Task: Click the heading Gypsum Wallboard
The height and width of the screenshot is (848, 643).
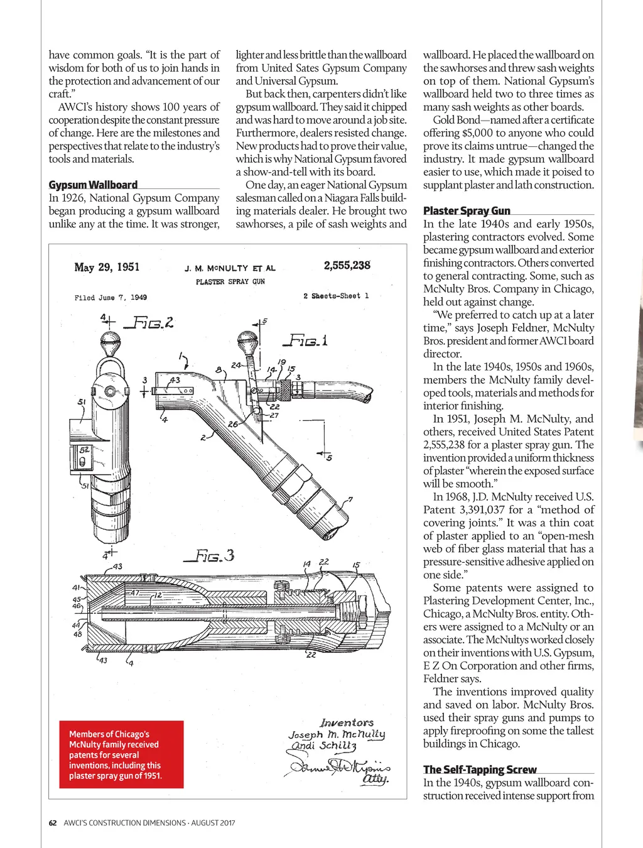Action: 93,185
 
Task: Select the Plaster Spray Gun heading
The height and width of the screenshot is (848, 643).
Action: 467,211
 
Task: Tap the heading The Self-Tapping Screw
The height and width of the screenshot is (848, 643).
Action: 480,769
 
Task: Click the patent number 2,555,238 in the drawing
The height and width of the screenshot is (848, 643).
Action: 347,266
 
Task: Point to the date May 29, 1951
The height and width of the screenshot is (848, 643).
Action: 107,268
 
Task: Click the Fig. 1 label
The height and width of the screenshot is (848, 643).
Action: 306,341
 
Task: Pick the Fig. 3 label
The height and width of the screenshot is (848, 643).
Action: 209,555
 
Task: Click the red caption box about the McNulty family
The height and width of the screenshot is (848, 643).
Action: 116,754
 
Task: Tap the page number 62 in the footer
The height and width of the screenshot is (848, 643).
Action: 53,823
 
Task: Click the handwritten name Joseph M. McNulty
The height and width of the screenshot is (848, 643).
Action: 337,734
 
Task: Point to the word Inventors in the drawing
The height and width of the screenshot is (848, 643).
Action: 347,722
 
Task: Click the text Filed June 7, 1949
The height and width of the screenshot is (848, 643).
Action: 111,298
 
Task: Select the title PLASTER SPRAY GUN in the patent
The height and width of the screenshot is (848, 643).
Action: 230,282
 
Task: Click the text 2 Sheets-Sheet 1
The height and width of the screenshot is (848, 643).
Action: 336,296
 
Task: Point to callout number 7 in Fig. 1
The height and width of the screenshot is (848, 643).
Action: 350,500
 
